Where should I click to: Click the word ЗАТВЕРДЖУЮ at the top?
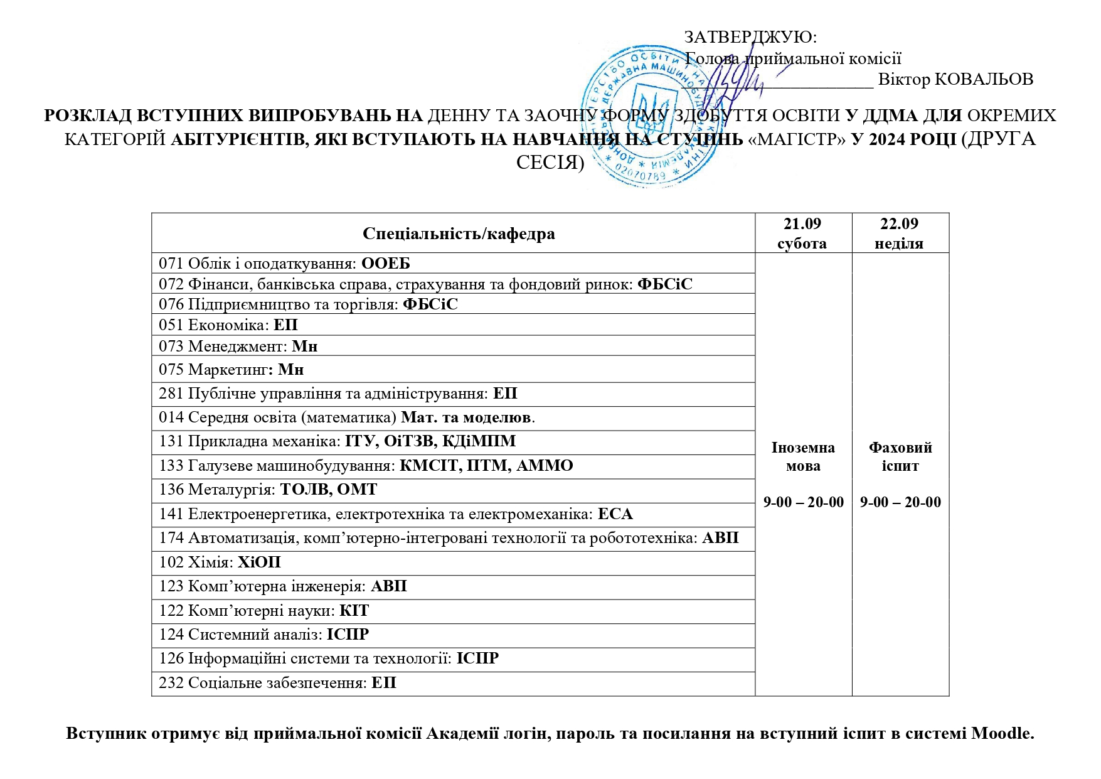pyautogui.click(x=750, y=37)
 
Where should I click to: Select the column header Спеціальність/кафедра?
pyautogui.click(x=459, y=234)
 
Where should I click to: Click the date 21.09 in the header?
pyautogui.click(x=802, y=224)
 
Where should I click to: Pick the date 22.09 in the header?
pyautogui.click(x=899, y=224)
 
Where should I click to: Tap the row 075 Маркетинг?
pyautogui.click(x=231, y=370)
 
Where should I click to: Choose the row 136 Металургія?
pyautogui.click(x=268, y=490)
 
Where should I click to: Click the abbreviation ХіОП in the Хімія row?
pyautogui.click(x=259, y=562)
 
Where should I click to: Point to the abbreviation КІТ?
pyautogui.click(x=354, y=611)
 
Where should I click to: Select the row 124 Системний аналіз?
pyautogui.click(x=263, y=635)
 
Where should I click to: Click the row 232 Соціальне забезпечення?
pyautogui.click(x=277, y=683)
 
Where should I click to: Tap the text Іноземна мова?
pyautogui.click(x=803, y=456)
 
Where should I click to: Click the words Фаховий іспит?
pyautogui.click(x=900, y=456)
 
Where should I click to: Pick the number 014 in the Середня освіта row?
pyautogui.click(x=171, y=417)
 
